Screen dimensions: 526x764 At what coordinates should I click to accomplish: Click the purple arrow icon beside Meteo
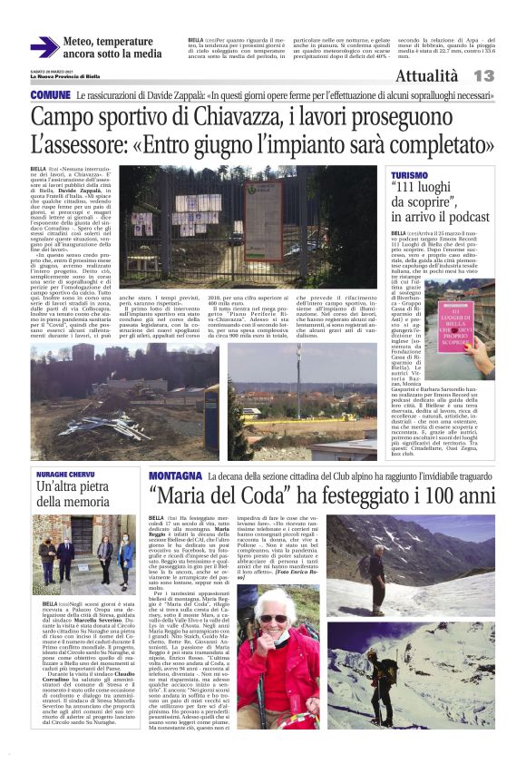click(x=44, y=46)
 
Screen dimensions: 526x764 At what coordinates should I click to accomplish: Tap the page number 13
click(x=482, y=75)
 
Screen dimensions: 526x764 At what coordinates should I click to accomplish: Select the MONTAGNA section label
click(x=176, y=475)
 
